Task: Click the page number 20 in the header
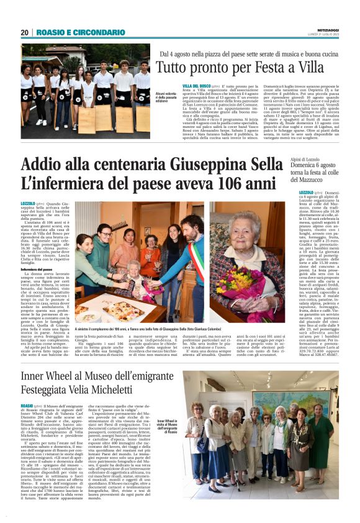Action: click(24, 32)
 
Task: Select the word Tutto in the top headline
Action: click(173, 66)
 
